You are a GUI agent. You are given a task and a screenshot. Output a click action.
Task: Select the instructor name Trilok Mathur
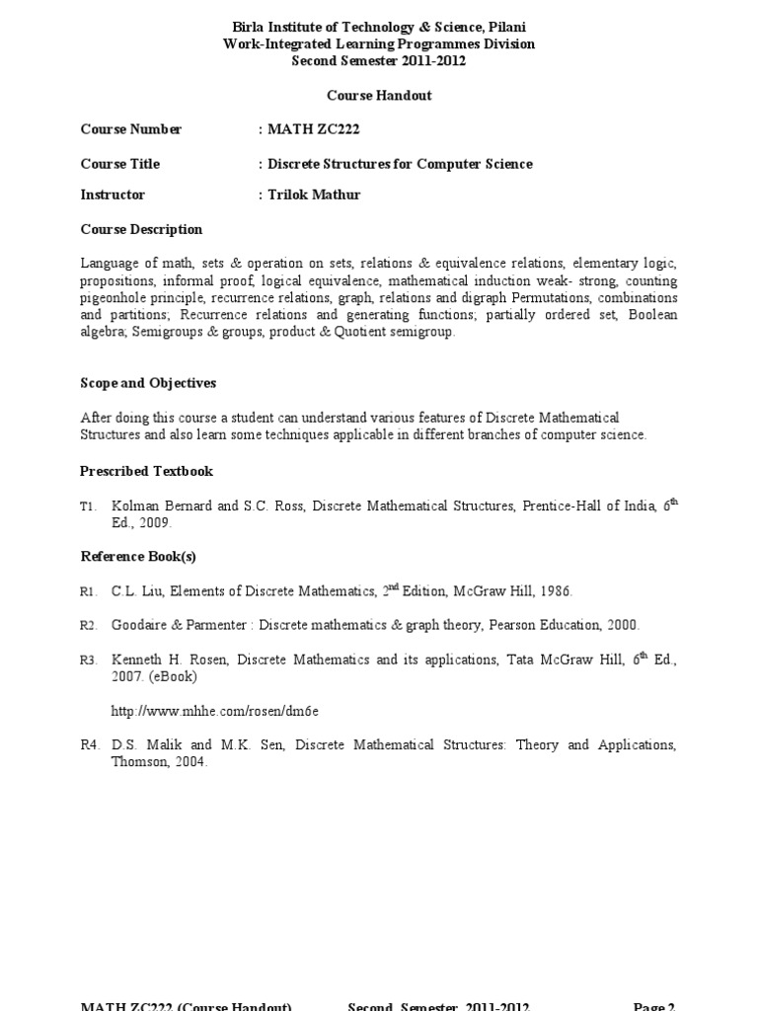click(x=314, y=194)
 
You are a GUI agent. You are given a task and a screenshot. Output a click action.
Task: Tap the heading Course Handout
click(x=379, y=96)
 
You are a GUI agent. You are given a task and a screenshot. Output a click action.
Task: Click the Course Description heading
click(x=141, y=229)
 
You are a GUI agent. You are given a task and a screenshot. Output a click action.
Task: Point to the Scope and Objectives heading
click(x=148, y=382)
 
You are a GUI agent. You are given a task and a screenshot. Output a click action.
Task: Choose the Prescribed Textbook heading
click(x=146, y=471)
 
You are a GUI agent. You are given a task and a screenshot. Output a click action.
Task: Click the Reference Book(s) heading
click(x=138, y=556)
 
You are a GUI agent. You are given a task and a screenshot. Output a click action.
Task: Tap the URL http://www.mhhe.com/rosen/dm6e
click(x=215, y=711)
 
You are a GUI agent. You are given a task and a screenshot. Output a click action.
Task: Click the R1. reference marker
click(x=90, y=591)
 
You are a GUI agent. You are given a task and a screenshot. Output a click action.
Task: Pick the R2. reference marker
click(x=90, y=625)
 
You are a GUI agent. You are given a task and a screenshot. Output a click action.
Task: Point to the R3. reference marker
click(x=90, y=660)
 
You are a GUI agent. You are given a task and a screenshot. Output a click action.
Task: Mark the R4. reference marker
click(x=90, y=744)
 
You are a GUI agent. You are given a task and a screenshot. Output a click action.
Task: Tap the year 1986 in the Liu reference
click(x=555, y=591)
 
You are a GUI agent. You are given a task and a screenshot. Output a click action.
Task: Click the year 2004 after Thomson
click(x=190, y=761)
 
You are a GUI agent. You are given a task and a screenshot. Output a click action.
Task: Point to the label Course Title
click(x=119, y=164)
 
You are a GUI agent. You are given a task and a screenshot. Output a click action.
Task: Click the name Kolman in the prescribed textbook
click(x=134, y=506)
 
